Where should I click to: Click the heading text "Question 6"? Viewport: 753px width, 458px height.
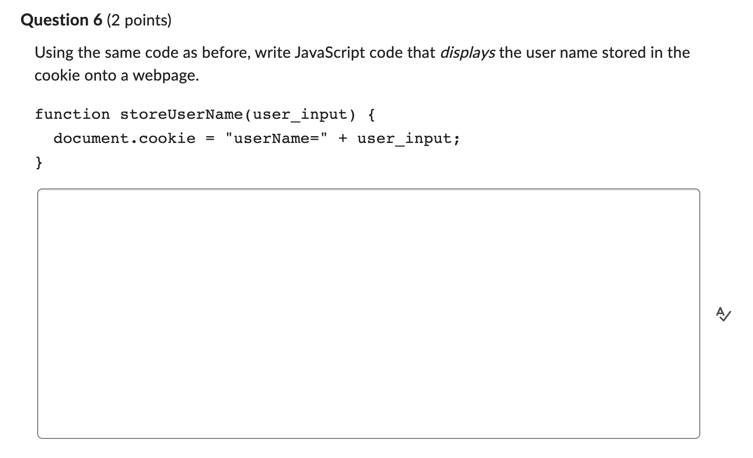click(x=62, y=20)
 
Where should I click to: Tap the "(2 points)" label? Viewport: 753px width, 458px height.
click(x=139, y=20)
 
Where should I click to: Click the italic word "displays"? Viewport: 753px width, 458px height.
click(x=467, y=53)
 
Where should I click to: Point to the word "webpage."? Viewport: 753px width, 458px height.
click(x=166, y=76)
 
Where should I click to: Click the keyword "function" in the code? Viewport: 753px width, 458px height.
click(x=72, y=114)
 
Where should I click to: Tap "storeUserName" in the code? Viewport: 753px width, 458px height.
click(x=181, y=114)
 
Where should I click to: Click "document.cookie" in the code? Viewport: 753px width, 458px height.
click(x=124, y=138)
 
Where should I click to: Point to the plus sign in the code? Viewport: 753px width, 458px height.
click(x=342, y=138)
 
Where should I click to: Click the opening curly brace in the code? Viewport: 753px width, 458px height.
click(x=371, y=114)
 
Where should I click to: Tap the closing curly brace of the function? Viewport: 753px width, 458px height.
click(x=39, y=162)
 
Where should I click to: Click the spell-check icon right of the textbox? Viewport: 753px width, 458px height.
click(x=723, y=314)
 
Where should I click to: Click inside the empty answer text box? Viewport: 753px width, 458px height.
click(x=368, y=314)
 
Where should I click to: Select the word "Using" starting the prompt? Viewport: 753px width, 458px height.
click(x=54, y=53)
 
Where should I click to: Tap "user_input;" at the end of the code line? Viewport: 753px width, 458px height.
click(x=408, y=138)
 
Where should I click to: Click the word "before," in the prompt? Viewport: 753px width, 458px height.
click(x=226, y=53)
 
